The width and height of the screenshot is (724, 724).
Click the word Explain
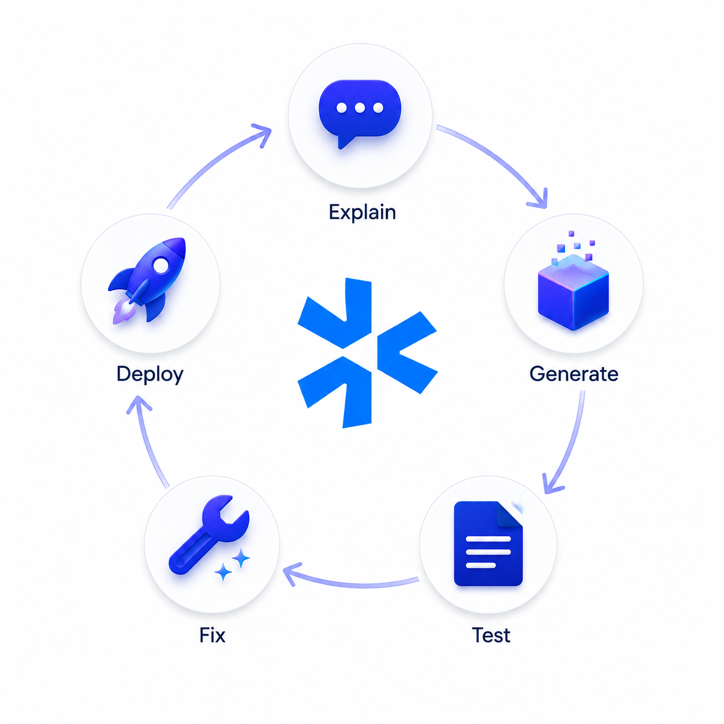[x=362, y=212]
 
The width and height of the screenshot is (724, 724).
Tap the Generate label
[x=573, y=374]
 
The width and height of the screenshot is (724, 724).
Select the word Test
[x=491, y=635]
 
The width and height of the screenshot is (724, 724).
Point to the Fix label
[x=212, y=635]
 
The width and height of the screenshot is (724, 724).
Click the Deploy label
[x=150, y=375]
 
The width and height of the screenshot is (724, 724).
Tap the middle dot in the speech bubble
[x=360, y=108]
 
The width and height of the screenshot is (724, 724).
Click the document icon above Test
[x=488, y=543]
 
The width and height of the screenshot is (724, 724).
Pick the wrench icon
[x=209, y=534]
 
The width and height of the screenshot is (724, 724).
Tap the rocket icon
[x=147, y=280]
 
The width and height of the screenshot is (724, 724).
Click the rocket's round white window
[x=161, y=266]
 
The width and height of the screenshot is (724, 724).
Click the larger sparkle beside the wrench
[x=240, y=558]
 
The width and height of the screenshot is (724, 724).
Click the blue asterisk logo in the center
[x=367, y=353]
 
